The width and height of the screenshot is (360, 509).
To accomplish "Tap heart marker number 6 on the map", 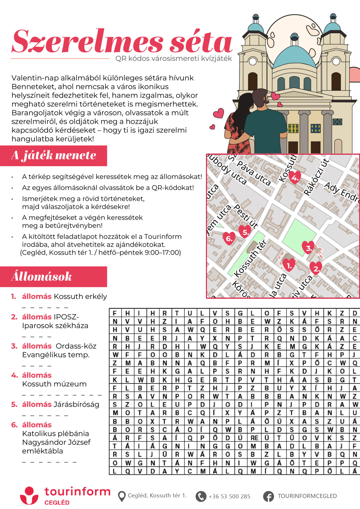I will click(229, 238).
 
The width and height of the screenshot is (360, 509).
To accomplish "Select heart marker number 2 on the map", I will click(316, 268).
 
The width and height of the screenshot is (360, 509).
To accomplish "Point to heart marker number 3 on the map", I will click(308, 247).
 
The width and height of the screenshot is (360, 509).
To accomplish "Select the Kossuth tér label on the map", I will click(250, 258).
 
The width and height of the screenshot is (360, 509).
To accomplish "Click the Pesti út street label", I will click(246, 216).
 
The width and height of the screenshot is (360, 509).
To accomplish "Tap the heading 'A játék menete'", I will click(53, 156).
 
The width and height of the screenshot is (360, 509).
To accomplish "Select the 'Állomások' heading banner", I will click(53, 277).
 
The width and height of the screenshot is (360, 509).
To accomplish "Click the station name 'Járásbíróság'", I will click(76, 404).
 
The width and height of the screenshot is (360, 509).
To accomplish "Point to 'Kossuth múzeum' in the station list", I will click(54, 384).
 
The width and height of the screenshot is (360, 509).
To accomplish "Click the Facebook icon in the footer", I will click(268, 496).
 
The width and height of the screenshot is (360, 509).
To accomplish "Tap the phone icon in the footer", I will click(201, 496).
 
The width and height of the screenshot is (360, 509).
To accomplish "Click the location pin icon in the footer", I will click(122, 496).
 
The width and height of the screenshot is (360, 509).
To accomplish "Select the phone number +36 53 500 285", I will click(229, 496).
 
